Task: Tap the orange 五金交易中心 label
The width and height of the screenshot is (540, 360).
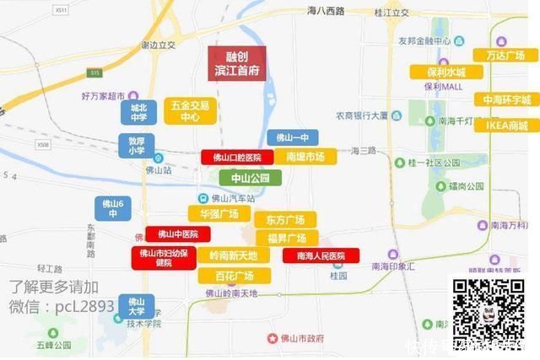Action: click(191, 111)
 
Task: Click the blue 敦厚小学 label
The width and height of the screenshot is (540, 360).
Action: click(137, 146)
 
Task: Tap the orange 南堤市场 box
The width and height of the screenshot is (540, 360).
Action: click(305, 157)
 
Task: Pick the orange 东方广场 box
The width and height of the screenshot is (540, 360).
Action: click(286, 219)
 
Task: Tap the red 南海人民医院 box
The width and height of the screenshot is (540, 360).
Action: click(321, 255)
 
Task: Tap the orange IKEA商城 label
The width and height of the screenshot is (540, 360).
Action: click(507, 126)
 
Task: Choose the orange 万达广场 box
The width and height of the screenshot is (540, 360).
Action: click(511, 55)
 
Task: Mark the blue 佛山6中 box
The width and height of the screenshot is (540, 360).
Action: click(113, 207)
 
